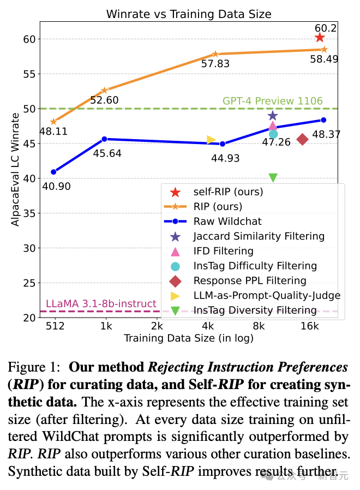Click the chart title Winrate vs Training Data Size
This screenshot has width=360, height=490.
(x=189, y=13)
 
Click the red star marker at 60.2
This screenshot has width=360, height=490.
(x=320, y=37)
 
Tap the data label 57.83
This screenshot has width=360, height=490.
(x=215, y=64)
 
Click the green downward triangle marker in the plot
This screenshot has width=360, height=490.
(x=273, y=177)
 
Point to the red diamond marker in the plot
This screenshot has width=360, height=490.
(x=302, y=139)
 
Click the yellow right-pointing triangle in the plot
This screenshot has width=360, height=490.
(x=211, y=140)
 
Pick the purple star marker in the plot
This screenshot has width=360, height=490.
(x=273, y=116)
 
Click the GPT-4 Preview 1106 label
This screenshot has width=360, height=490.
(x=272, y=101)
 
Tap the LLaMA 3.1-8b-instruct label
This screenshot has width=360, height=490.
(x=101, y=304)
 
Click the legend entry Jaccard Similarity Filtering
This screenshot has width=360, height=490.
(x=259, y=236)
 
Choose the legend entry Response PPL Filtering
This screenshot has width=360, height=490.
(x=250, y=280)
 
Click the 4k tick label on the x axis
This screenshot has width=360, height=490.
(x=208, y=326)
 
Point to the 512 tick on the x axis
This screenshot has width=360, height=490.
(x=56, y=326)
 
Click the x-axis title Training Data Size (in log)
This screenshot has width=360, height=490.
(x=189, y=338)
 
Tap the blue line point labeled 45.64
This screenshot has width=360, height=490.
(x=104, y=139)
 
